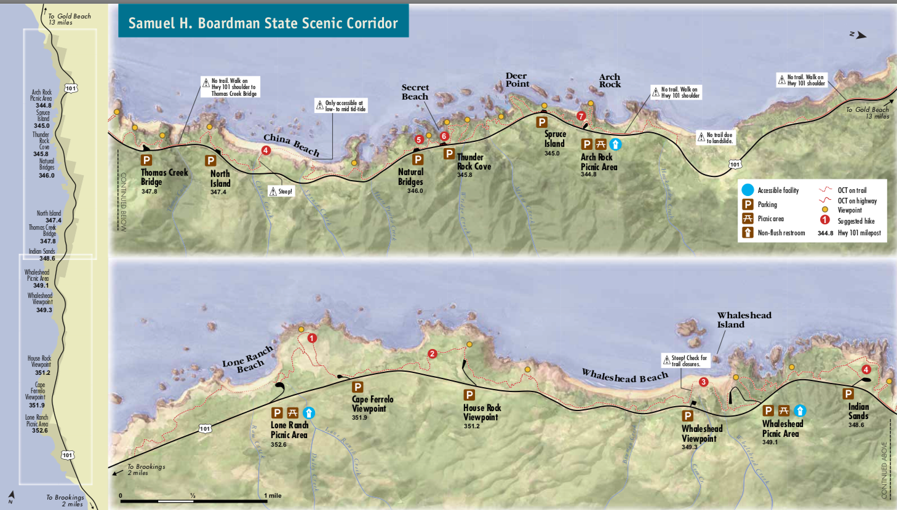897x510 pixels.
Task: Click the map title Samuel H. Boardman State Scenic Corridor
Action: [263, 23]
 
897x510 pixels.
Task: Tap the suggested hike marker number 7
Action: [581, 116]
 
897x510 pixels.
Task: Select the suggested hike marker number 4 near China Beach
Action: [266, 151]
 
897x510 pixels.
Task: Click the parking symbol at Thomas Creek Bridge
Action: [146, 160]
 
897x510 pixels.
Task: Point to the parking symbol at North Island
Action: [210, 160]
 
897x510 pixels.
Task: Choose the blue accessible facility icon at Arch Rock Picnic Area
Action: [615, 144]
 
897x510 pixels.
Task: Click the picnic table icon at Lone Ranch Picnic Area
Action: [293, 413]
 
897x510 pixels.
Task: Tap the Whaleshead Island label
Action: [743, 320]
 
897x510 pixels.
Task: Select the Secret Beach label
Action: [415, 92]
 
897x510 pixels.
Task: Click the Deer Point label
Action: [517, 80]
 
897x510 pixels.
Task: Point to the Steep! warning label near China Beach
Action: [281, 192]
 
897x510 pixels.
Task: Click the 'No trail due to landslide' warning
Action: [716, 138]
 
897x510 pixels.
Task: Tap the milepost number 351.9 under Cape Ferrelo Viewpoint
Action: [359, 418]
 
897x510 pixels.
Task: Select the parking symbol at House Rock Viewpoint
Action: [469, 395]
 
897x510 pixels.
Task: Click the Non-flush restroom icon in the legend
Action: [747, 232]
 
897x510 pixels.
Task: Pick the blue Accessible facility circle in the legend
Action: [747, 190]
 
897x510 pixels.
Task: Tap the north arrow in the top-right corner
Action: [858, 35]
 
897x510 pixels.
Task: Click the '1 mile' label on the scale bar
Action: [273, 496]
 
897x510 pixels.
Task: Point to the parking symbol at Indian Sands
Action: [848, 394]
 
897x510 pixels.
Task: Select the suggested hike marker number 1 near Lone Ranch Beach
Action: [312, 338]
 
